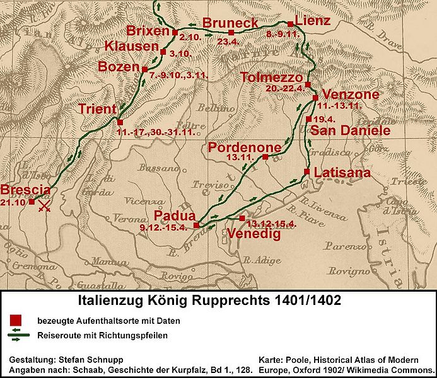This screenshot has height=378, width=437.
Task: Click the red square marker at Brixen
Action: pyautogui.click(x=175, y=31)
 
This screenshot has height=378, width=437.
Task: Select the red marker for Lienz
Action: pyautogui.click(x=290, y=24)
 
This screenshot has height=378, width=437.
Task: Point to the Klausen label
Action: pyautogui.click(x=131, y=47)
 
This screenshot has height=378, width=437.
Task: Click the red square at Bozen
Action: pyautogui.click(x=144, y=69)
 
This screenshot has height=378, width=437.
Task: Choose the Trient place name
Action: pyautogui.click(x=97, y=110)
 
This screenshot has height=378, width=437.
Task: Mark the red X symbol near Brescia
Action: pyautogui.click(x=45, y=207)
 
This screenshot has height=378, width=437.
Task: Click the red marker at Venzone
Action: pyautogui.click(x=315, y=98)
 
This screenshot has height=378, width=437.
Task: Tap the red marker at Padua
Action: pyautogui.click(x=196, y=224)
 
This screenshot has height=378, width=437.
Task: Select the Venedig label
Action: pyautogui.click(x=251, y=234)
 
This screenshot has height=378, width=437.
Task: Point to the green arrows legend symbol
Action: pyautogui.click(x=16, y=336)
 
